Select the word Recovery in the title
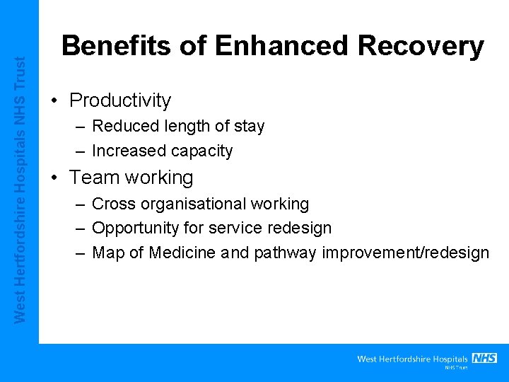(421, 46)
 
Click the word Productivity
(120, 100)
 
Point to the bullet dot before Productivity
(54, 100)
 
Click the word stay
(248, 127)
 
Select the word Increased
(124, 151)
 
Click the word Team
(93, 177)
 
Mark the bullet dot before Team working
(54, 177)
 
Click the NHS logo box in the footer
(484, 358)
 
